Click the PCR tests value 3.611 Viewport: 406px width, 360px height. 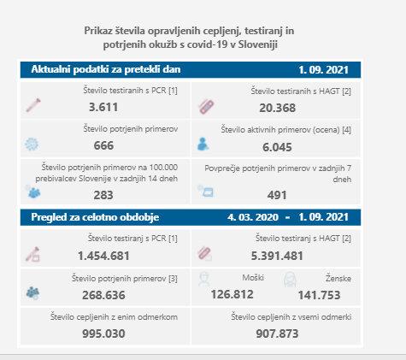coord(103,107)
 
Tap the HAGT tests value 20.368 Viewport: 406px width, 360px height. coord(277,108)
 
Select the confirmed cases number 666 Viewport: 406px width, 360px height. coord(103,145)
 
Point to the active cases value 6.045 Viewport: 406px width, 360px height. coord(277,147)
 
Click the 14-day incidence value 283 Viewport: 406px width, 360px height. coord(103,195)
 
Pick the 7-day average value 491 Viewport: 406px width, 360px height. coord(277,195)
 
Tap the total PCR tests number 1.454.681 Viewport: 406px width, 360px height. coord(103,256)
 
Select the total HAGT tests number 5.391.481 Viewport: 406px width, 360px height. coord(277,256)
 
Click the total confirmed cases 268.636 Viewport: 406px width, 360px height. coord(103,295)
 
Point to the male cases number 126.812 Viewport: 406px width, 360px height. coord(232,294)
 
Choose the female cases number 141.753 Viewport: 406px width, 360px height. coord(319,295)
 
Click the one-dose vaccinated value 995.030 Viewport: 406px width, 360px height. coord(103,333)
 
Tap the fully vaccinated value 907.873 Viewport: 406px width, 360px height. coord(277,333)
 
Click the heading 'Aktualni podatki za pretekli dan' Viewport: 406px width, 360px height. coord(106,69)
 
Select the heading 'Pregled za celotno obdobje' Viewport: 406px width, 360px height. coord(95,217)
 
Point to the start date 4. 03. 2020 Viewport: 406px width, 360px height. coord(253,217)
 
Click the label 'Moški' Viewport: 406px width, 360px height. coord(253,277)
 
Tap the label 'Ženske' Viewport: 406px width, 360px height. coord(338,278)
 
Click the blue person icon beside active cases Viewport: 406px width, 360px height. coord(203,144)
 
